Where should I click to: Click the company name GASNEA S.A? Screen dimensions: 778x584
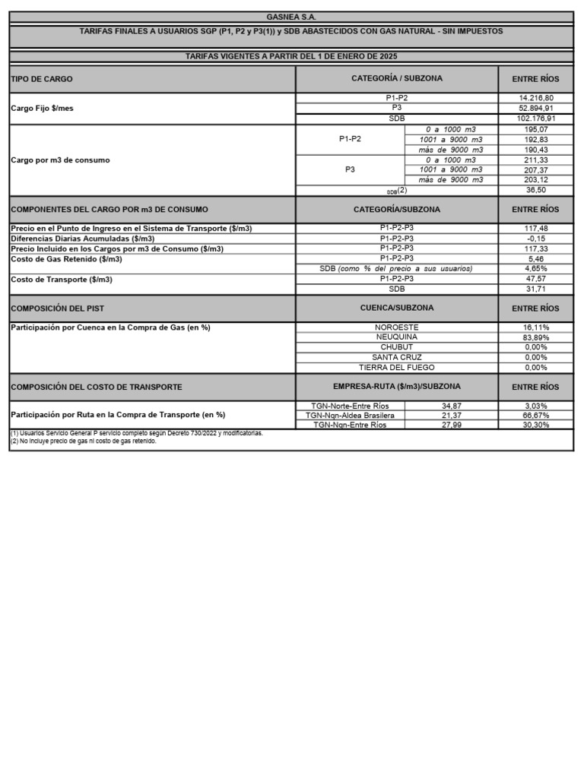click(291, 17)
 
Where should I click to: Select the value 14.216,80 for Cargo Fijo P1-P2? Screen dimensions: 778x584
click(535, 98)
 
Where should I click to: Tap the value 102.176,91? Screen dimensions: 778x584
click(535, 119)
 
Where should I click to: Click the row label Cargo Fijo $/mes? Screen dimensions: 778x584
click(42, 109)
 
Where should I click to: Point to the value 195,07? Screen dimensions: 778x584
click(535, 130)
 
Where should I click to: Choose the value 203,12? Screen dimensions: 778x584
click(535, 180)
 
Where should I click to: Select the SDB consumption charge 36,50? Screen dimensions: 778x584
click(535, 190)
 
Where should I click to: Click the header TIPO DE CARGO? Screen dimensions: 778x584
click(42, 79)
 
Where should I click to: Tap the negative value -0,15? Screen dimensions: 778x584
click(535, 239)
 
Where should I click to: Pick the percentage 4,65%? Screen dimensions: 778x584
click(535, 269)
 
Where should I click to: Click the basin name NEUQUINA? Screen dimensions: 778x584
click(396, 337)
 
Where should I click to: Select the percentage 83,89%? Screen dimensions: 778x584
click(535, 337)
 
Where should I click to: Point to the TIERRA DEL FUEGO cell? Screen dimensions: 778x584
click(396, 367)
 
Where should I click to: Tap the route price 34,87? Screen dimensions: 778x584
click(452, 406)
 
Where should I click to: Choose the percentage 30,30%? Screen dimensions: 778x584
click(535, 425)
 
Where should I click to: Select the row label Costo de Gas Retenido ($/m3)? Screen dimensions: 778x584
click(67, 259)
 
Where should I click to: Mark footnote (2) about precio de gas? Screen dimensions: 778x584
click(83, 441)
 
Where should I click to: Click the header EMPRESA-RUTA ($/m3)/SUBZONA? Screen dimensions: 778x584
click(396, 387)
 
